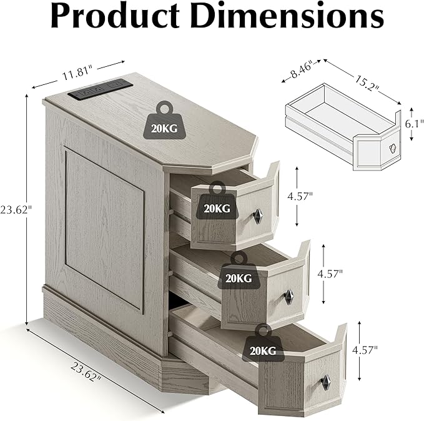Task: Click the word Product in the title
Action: coord(115,15)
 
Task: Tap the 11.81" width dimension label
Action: coord(77,74)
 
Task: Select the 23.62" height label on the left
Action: coord(16,209)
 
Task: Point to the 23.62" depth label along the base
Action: coord(87,372)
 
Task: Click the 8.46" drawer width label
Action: coord(302,70)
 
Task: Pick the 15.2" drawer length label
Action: coord(367,83)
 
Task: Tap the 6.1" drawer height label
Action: coord(414,124)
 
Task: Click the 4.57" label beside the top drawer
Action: coord(300,196)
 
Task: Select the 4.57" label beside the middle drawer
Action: coord(330,274)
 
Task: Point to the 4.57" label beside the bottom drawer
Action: coord(365,350)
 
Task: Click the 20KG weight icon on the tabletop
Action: coord(164,121)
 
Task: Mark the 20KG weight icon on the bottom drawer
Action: coord(263,343)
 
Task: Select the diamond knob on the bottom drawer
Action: coord(326,382)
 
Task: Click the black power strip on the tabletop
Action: coord(100,89)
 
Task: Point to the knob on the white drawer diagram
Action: coord(393,147)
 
